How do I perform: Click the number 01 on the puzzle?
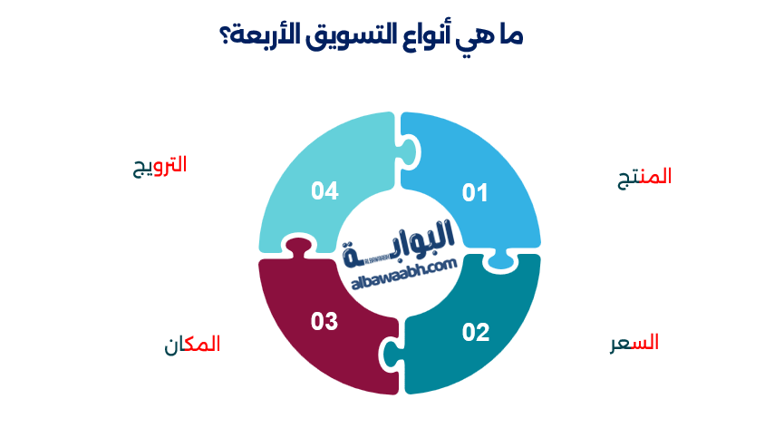point(476,192)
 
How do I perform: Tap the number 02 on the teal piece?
point(476,332)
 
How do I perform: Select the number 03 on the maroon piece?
point(324,321)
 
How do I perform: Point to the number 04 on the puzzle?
point(324,190)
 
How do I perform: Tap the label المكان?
point(192,345)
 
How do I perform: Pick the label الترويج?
point(160,165)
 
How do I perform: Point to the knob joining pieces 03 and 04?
point(296,249)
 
